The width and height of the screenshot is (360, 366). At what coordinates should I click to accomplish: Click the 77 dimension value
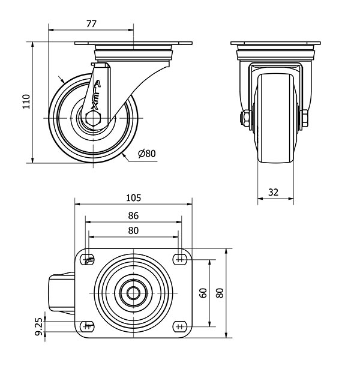91,24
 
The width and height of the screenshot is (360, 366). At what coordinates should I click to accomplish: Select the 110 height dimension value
26,101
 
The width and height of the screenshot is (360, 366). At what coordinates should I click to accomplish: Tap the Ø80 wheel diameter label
147,154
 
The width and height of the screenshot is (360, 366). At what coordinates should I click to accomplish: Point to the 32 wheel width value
274,193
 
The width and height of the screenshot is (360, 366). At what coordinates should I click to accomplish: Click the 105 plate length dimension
134,198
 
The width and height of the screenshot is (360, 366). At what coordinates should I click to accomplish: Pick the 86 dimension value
133,215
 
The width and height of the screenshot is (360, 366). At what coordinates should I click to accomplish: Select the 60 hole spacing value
203,293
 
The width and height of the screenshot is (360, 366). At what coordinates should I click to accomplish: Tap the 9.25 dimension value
39,326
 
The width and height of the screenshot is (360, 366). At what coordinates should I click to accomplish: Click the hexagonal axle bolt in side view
93,118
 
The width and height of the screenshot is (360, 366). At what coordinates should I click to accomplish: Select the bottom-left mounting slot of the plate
88,326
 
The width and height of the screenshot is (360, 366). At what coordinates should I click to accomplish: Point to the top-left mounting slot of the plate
88,259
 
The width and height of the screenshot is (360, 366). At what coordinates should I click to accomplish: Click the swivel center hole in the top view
133,293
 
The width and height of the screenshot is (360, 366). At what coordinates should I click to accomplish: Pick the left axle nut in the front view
245,118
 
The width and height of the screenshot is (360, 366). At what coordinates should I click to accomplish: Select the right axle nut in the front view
305,118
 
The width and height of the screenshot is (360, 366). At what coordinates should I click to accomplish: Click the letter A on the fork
97,83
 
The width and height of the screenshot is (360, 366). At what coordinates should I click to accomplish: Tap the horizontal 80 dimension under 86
133,230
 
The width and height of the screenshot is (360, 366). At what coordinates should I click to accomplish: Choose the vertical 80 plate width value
220,293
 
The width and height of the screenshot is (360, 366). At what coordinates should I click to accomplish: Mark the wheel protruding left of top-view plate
62,293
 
